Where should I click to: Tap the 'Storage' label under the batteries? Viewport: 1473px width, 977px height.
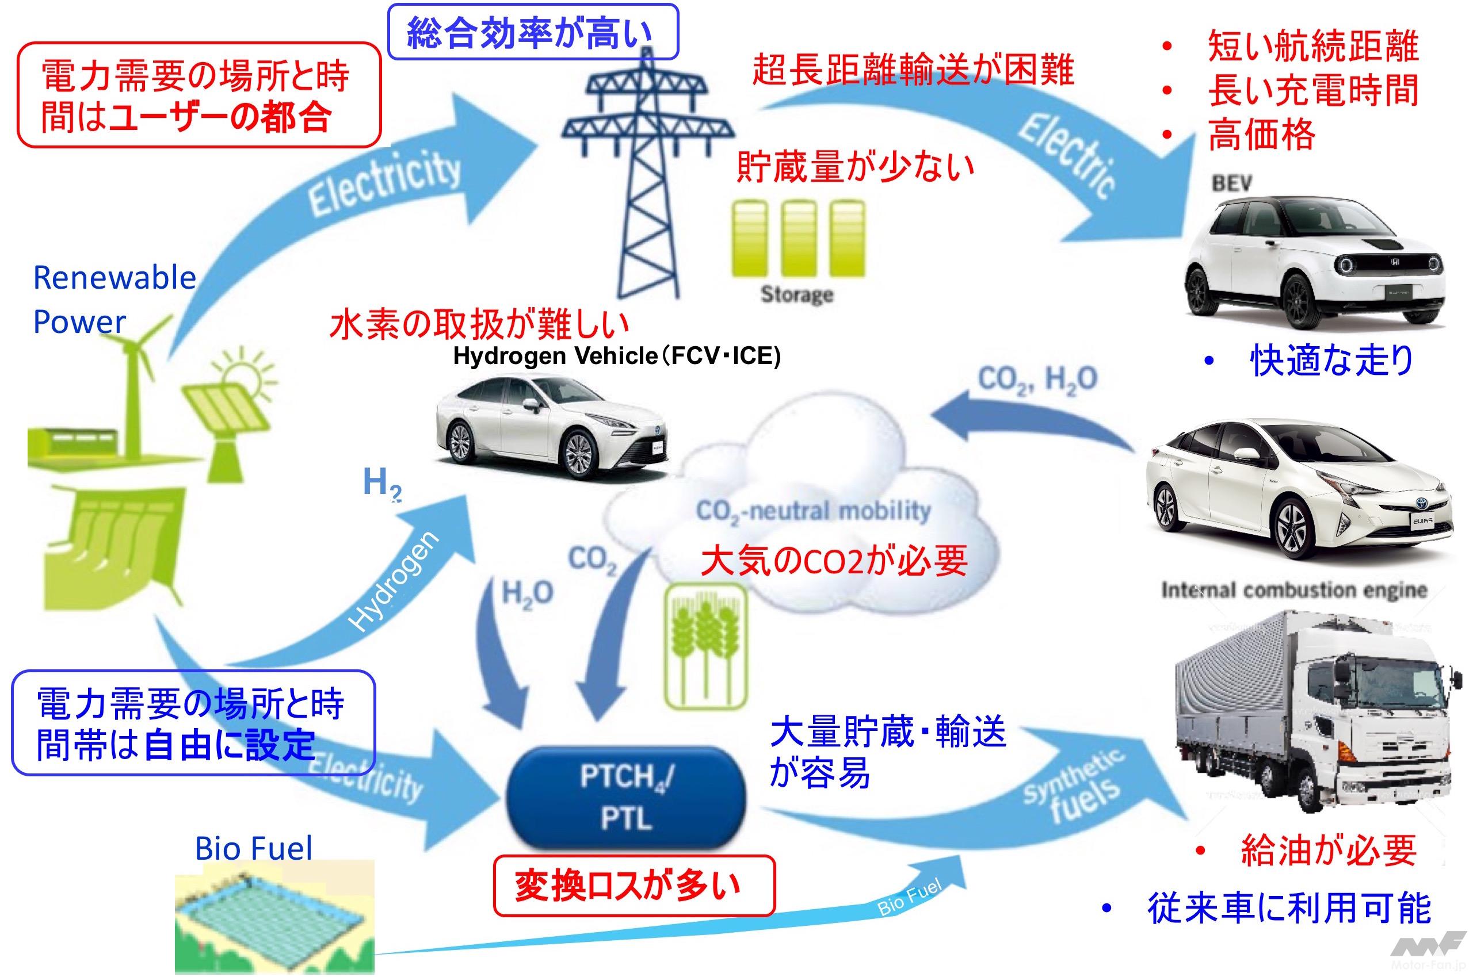[x=797, y=294]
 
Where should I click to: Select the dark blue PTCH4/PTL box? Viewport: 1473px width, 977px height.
[x=627, y=798]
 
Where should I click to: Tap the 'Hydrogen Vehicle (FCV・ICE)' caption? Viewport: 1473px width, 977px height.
[x=616, y=356]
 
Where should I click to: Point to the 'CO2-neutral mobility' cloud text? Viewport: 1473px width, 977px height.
[x=813, y=512]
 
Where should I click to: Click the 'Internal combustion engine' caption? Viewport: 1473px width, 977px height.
[x=1293, y=589]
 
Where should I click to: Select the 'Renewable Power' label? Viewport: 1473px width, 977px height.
[x=114, y=300]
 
